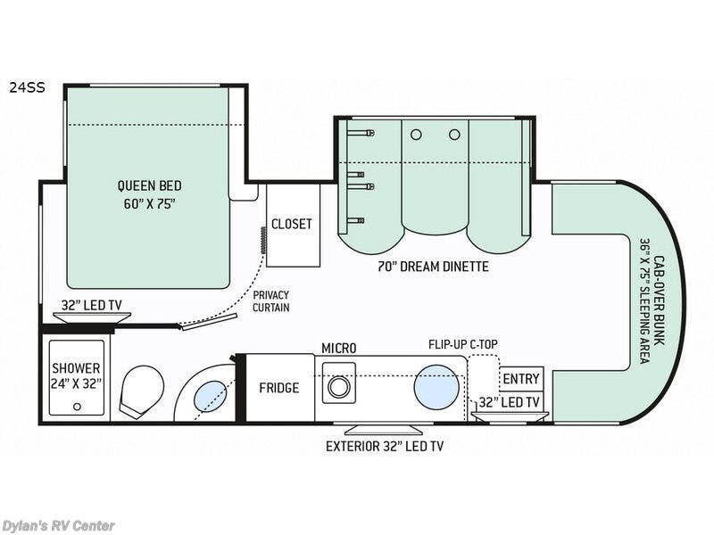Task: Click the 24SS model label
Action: coord(27,87)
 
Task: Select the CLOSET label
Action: coord(292,224)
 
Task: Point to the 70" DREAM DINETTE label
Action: coord(435,267)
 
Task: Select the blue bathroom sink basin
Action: coord(210,393)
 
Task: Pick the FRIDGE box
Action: coord(279,388)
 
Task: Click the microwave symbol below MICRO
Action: coord(338,386)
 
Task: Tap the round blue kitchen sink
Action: coord(436,387)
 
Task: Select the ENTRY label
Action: coord(520,379)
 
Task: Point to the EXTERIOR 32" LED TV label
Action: coord(384,445)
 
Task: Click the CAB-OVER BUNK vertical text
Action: coord(652,299)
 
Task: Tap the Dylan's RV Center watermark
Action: coord(58,525)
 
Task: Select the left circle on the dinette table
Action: coord(415,135)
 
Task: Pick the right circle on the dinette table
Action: coord(454,135)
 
